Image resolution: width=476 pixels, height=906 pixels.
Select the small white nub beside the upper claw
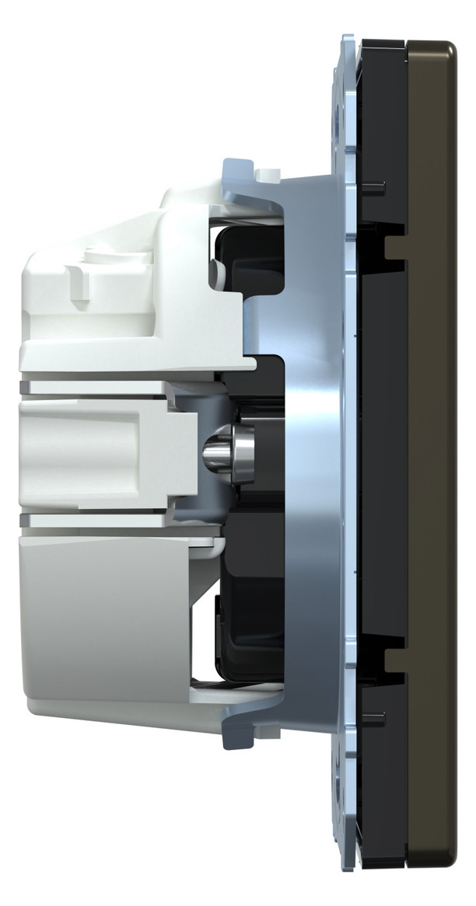click(269, 170)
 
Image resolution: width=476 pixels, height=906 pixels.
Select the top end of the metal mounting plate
click(349, 39)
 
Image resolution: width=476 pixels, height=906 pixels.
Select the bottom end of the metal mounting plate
click(349, 866)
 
